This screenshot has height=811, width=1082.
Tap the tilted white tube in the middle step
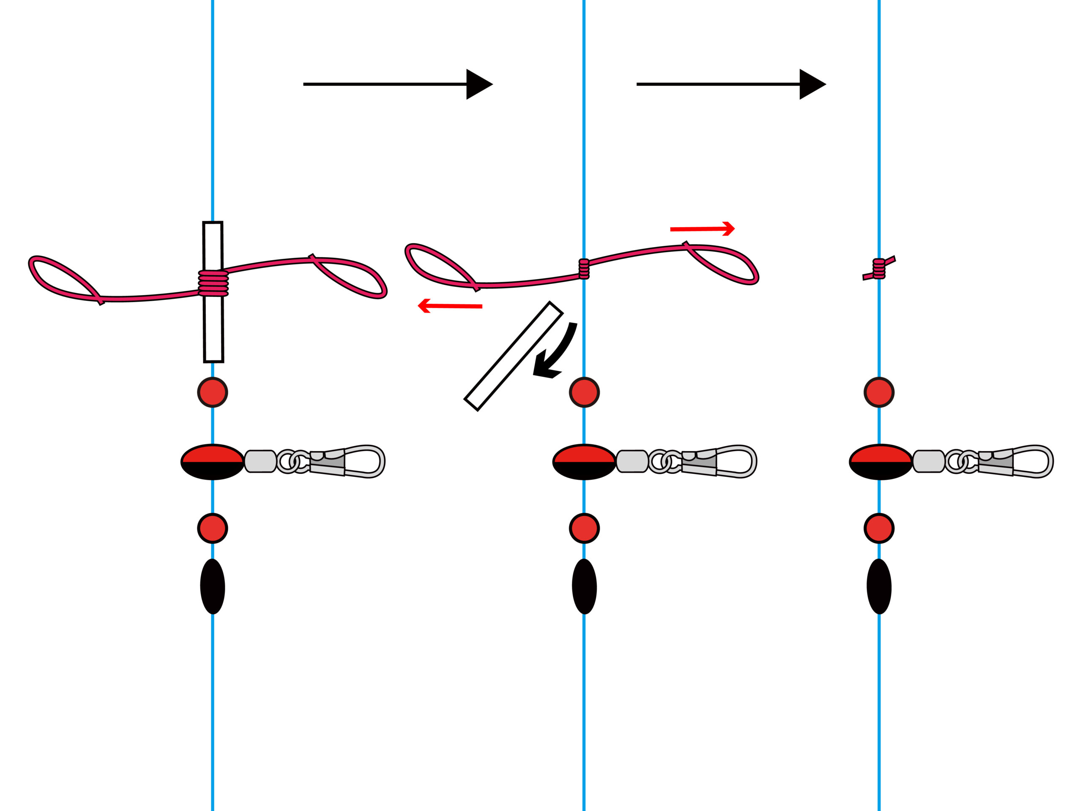click(513, 357)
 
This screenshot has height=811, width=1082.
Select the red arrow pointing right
click(702, 229)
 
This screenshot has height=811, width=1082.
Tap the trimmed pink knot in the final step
click(879, 268)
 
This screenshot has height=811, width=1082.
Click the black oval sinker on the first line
click(213, 587)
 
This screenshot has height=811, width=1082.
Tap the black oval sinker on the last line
click(879, 587)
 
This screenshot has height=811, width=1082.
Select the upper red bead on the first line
click(213, 392)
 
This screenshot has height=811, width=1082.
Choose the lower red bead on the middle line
click(585, 528)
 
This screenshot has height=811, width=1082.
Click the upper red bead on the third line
click(879, 392)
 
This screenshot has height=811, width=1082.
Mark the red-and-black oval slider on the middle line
click(585, 462)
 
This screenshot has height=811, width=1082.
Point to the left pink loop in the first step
click(63, 279)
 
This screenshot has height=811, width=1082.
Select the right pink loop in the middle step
click(724, 264)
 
